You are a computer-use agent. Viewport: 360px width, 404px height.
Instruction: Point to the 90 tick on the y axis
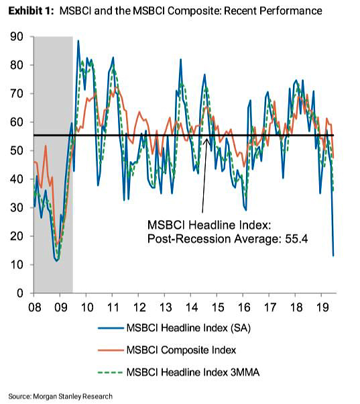tap(17, 37)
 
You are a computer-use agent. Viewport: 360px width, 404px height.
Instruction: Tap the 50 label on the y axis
tap(17, 151)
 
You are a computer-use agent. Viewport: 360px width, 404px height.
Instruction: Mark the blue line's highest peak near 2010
tap(78, 41)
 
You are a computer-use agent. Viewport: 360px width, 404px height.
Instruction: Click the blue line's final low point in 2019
tap(333, 256)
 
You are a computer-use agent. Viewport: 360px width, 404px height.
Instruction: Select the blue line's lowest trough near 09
tap(57, 260)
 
